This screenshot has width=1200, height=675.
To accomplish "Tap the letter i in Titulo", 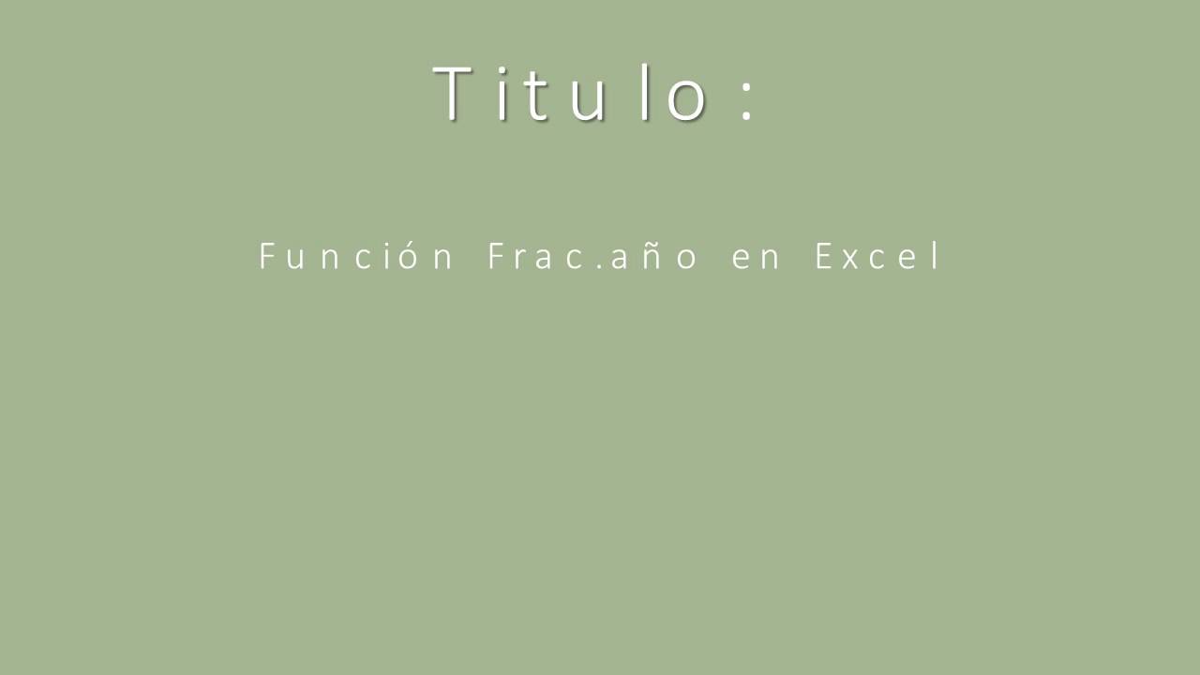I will click(x=502, y=94).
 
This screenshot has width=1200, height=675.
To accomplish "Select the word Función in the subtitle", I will click(x=356, y=257).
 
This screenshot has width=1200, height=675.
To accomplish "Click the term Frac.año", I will click(x=592, y=257).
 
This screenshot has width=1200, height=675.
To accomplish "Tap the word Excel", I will click(x=878, y=257).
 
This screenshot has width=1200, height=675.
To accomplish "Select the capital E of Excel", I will click(x=822, y=257).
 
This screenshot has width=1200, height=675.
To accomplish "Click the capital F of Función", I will click(x=266, y=257).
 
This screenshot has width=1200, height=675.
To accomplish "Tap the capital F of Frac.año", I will click(x=495, y=257).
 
